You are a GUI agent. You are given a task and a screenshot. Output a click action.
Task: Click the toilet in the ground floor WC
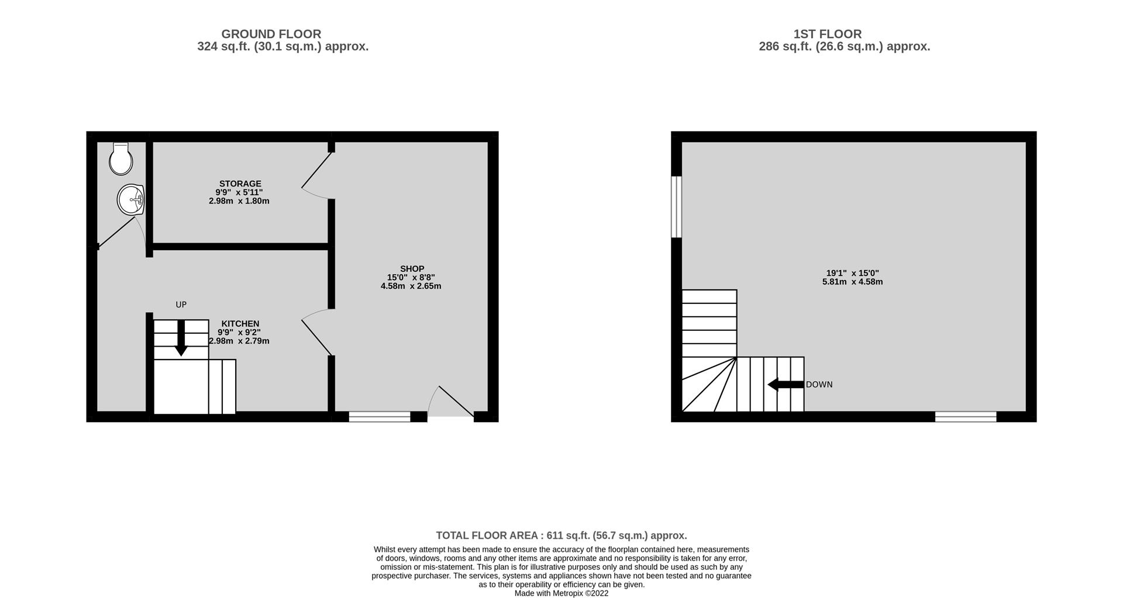121,158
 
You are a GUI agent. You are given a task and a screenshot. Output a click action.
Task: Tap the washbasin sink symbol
131,200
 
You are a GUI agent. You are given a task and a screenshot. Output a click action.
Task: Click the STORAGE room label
240,184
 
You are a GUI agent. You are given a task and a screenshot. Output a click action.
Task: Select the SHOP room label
412,269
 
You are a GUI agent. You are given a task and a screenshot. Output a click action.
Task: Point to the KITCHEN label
240,324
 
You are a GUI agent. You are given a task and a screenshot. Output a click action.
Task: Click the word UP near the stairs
181,305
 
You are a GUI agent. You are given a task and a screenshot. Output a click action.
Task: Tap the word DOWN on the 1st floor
819,385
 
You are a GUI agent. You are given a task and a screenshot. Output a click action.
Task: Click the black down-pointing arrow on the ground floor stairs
181,338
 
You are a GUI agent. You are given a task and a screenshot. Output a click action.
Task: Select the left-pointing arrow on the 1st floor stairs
786,385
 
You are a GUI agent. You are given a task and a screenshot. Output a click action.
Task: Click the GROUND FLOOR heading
271,34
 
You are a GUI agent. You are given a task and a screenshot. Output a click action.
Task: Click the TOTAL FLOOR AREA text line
561,535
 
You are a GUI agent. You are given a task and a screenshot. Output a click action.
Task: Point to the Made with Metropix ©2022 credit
561,593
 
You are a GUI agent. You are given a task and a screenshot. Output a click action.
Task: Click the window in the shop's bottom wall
380,417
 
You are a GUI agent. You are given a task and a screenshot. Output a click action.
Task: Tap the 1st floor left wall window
677,207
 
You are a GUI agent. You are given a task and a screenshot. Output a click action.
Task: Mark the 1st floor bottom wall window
966,417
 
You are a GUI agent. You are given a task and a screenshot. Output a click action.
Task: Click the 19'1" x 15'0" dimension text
853,273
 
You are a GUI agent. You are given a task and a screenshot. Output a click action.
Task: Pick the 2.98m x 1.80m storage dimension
239,201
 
